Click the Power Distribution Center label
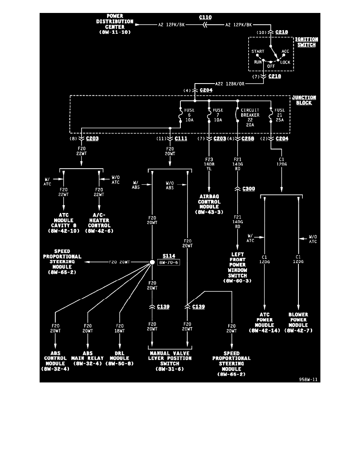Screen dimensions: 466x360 click(x=115, y=24)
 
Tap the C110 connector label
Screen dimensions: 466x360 click(x=205, y=17)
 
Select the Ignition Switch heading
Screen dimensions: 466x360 click(x=306, y=42)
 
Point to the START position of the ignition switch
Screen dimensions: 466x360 click(x=258, y=51)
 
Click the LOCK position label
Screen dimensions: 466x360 click(x=285, y=62)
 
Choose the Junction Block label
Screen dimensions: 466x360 click(x=304, y=100)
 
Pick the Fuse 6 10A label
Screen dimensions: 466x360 click(x=190, y=115)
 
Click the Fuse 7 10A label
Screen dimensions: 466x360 click(x=218, y=115)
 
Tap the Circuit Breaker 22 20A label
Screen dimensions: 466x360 click(x=251, y=117)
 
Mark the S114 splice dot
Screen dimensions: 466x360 click(x=152, y=262)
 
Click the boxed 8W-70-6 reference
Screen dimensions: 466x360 click(x=169, y=262)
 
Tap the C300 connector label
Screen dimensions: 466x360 click(x=249, y=189)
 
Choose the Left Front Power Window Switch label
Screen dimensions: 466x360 click(x=237, y=268)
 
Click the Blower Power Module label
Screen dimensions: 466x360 click(x=298, y=322)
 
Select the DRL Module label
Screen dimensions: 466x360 click(x=120, y=361)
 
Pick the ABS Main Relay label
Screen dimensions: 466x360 click(x=87, y=361)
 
